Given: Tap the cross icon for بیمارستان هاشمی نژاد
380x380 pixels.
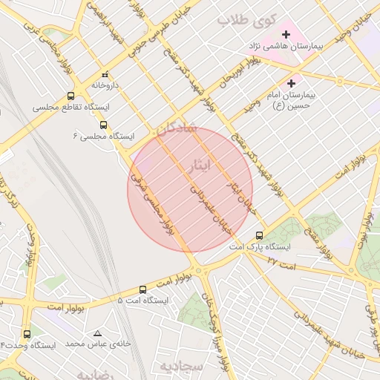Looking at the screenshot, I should [x=286, y=34].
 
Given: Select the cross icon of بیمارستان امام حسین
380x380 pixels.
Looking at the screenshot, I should [x=291, y=83].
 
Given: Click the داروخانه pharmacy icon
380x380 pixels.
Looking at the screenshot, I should [x=105, y=74].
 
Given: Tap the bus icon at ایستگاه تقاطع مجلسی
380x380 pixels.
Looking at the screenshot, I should [x=71, y=96].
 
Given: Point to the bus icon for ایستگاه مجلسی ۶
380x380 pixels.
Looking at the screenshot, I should [x=103, y=125].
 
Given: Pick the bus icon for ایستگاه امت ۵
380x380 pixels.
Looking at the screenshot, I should [x=142, y=289].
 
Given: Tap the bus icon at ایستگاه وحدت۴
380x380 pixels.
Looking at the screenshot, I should [x=27, y=334].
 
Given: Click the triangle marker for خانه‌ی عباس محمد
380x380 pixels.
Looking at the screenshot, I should [x=97, y=333].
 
